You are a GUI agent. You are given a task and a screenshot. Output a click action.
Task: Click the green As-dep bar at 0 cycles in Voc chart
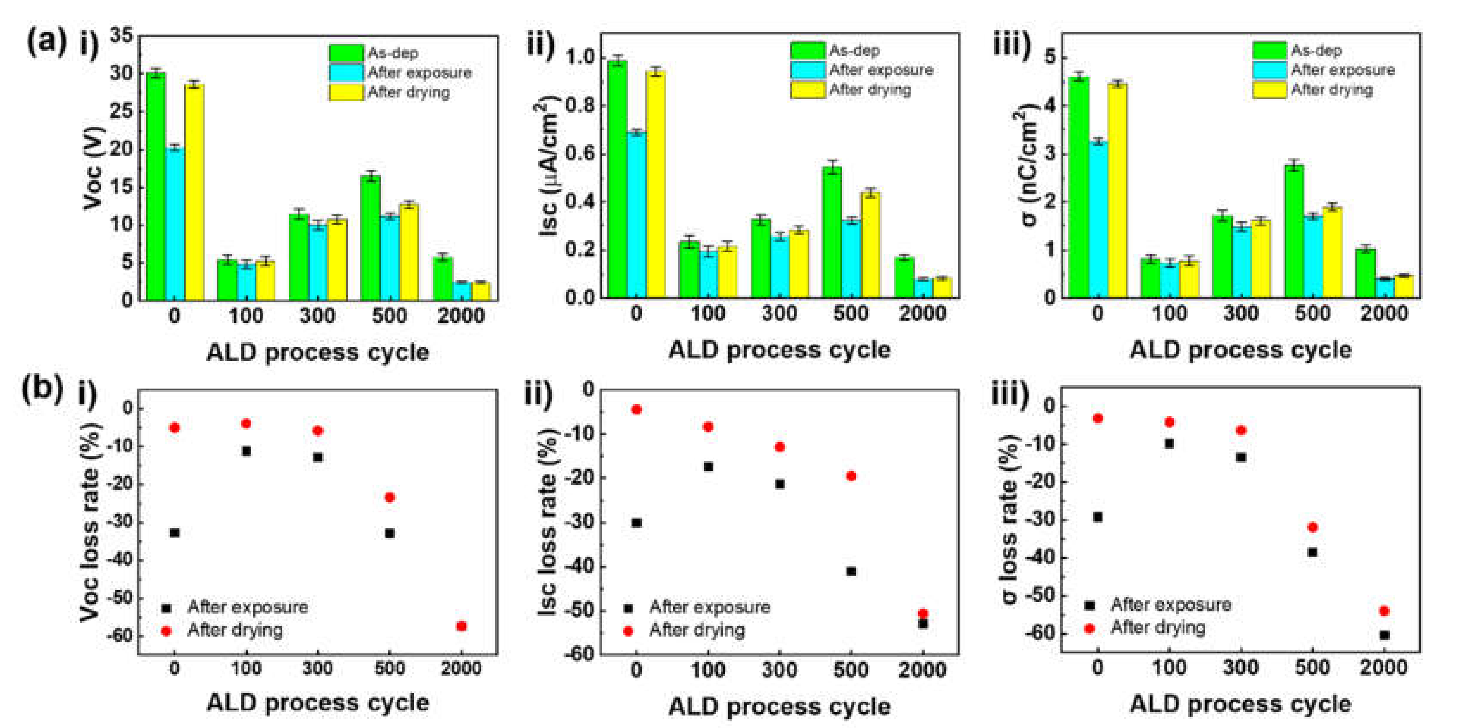156,187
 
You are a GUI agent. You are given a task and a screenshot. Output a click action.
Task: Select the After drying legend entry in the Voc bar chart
408,92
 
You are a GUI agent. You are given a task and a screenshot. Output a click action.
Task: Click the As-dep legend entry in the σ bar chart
1316,50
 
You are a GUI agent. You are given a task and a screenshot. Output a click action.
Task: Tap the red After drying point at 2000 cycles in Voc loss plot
461,626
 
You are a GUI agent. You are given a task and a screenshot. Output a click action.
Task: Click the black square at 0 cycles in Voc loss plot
174,533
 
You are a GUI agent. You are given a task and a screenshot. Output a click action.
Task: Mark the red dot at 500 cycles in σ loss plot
1312,527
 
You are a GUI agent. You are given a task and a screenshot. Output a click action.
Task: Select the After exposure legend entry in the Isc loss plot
709,607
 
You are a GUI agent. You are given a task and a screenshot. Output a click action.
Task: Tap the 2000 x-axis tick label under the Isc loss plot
922,670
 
